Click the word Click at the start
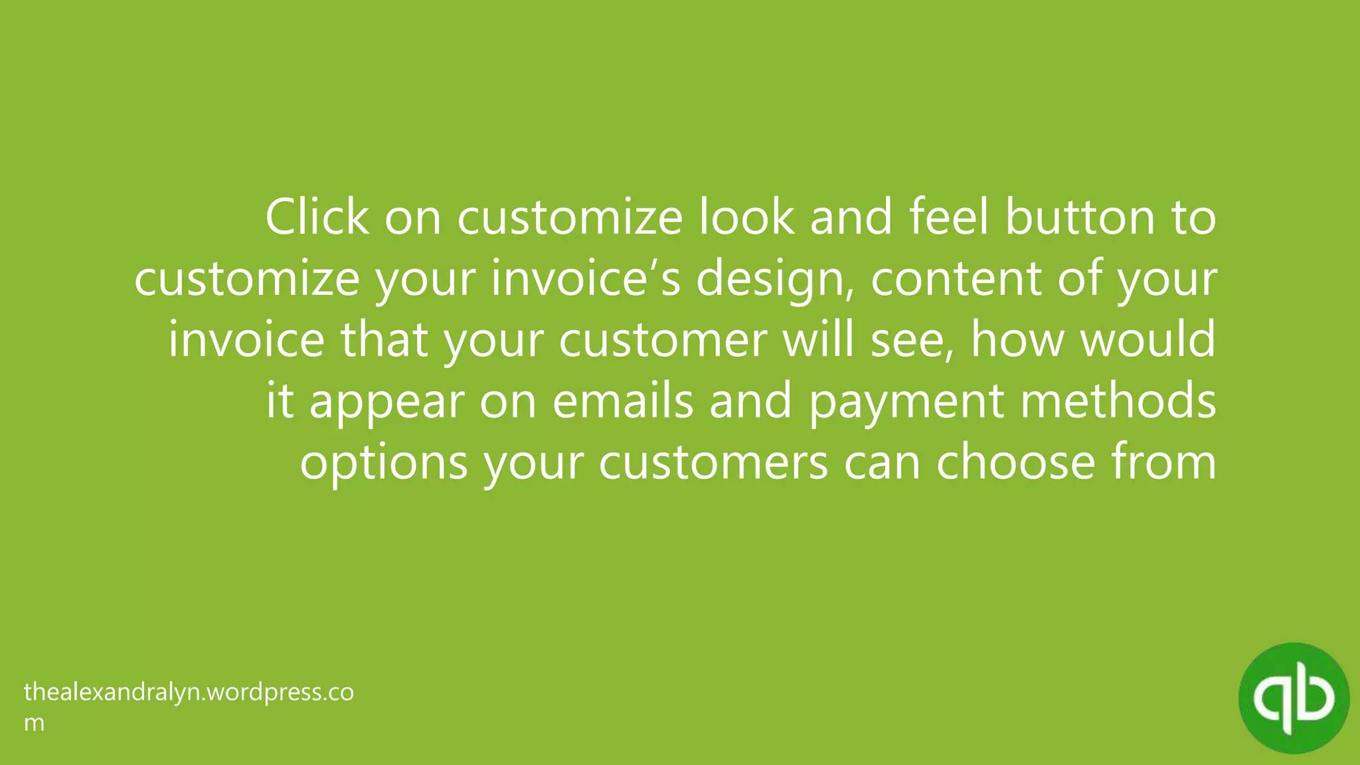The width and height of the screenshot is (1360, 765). pyautogui.click(x=317, y=217)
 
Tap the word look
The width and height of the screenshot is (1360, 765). pyautogui.click(x=746, y=217)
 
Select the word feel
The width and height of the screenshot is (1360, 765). pyautogui.click(x=949, y=217)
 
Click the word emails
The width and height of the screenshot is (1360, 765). pyautogui.click(x=622, y=401)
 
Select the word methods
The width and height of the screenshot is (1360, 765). pyautogui.click(x=1118, y=401)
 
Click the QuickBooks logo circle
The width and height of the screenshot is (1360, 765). pyautogui.click(x=1294, y=698)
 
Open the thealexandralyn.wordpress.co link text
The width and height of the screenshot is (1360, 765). pyautogui.click(x=189, y=693)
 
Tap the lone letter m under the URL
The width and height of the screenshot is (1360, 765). pyautogui.click(x=34, y=722)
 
